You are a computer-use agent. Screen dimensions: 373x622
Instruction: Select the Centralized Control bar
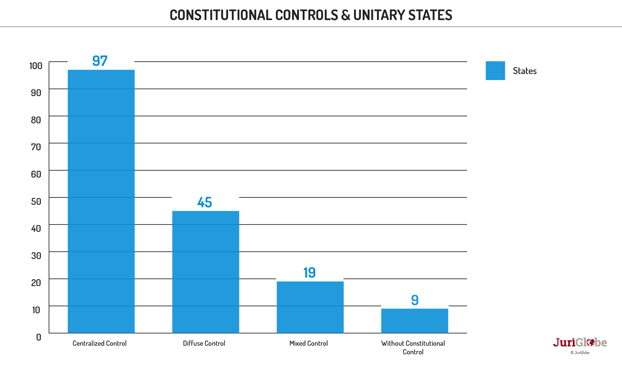tap(101, 201)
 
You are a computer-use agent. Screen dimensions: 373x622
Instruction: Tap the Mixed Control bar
tap(310, 307)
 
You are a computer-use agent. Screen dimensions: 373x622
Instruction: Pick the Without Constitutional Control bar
tap(415, 320)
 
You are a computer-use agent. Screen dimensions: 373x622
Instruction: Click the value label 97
tap(100, 61)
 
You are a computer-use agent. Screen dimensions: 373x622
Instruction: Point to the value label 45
tap(204, 202)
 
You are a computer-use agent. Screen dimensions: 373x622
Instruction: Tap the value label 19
tap(309, 273)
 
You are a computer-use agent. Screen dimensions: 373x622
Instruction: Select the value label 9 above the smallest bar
tap(415, 300)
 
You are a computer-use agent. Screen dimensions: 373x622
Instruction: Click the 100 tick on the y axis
tap(36, 66)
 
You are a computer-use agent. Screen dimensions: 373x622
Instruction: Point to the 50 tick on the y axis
tap(36, 201)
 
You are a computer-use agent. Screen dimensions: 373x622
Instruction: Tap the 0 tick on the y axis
tap(39, 337)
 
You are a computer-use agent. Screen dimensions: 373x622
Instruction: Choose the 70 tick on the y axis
tap(36, 147)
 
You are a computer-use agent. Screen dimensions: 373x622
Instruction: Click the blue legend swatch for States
tap(495, 71)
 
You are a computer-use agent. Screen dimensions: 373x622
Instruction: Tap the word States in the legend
tap(524, 71)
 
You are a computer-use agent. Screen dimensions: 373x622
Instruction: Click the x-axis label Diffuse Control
tap(204, 343)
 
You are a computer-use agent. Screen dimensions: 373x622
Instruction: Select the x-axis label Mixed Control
tap(308, 343)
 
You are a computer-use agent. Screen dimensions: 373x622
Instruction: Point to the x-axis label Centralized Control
tap(100, 343)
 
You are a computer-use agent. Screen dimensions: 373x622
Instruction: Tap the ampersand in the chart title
tap(345, 15)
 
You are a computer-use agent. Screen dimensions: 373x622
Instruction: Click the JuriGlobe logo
tap(580, 343)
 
